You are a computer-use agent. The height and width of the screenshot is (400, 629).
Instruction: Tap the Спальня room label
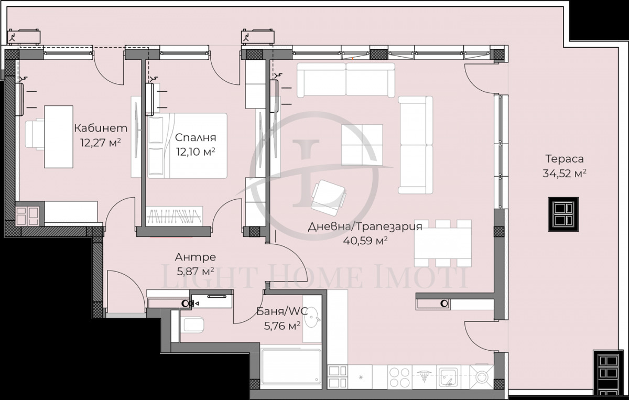click(196, 138)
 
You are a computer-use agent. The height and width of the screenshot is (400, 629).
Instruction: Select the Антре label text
click(195, 257)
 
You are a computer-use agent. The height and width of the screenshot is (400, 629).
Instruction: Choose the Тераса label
click(564, 159)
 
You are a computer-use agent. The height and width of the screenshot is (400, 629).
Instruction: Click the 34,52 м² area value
click(564, 174)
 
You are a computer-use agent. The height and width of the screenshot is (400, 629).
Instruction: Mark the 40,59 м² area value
click(365, 241)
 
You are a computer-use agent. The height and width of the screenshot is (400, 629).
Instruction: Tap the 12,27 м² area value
click(101, 142)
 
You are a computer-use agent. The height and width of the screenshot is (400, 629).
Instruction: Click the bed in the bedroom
click(188, 146)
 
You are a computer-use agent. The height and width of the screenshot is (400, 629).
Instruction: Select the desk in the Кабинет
click(58, 136)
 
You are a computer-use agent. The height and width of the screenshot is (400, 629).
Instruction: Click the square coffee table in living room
click(362, 144)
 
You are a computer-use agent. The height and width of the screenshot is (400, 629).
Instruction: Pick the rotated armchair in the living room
click(328, 197)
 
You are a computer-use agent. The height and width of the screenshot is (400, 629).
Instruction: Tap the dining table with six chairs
click(442, 243)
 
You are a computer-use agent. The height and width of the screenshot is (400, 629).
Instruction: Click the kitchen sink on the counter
click(450, 376)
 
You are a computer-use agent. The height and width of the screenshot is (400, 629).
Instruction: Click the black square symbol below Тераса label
click(563, 214)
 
